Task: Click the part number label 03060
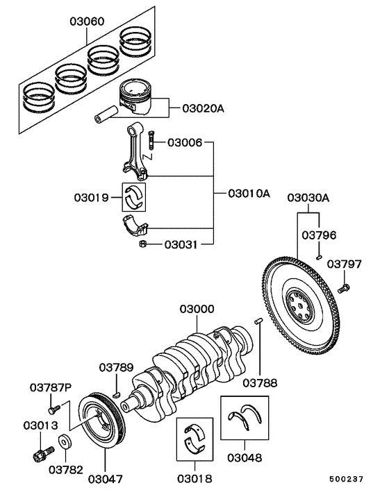click(87, 22)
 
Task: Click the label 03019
click(91, 198)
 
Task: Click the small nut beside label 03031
click(142, 244)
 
